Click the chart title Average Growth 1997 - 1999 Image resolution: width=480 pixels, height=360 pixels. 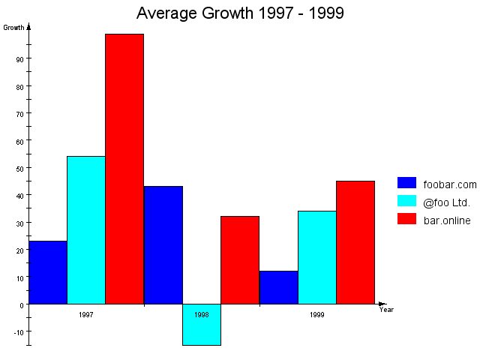point(240,13)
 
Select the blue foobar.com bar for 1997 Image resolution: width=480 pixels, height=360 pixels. point(48,272)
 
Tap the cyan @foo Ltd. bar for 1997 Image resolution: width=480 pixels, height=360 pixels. point(86,230)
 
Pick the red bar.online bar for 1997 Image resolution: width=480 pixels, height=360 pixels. point(124,169)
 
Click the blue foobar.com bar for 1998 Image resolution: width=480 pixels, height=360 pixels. point(163,245)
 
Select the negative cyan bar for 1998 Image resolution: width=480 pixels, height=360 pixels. point(202,325)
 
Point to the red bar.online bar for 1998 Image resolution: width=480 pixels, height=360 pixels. point(240,260)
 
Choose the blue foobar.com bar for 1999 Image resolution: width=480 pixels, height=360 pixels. point(279,287)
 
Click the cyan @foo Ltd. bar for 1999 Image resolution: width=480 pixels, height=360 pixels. point(317,257)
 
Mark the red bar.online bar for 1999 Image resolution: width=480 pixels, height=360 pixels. point(355,242)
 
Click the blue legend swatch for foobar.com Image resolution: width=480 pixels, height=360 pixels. point(406,183)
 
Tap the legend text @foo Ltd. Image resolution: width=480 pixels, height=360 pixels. point(448,201)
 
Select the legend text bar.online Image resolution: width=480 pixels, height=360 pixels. point(447,220)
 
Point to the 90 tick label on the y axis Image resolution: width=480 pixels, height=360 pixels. point(19,58)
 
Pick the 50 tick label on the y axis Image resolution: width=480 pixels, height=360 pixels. point(19,168)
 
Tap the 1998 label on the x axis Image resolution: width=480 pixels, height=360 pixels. point(202,315)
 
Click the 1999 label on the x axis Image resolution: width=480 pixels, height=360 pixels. point(317,315)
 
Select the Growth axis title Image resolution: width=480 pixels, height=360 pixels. point(13,28)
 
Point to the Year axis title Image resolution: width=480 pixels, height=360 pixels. point(386,310)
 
